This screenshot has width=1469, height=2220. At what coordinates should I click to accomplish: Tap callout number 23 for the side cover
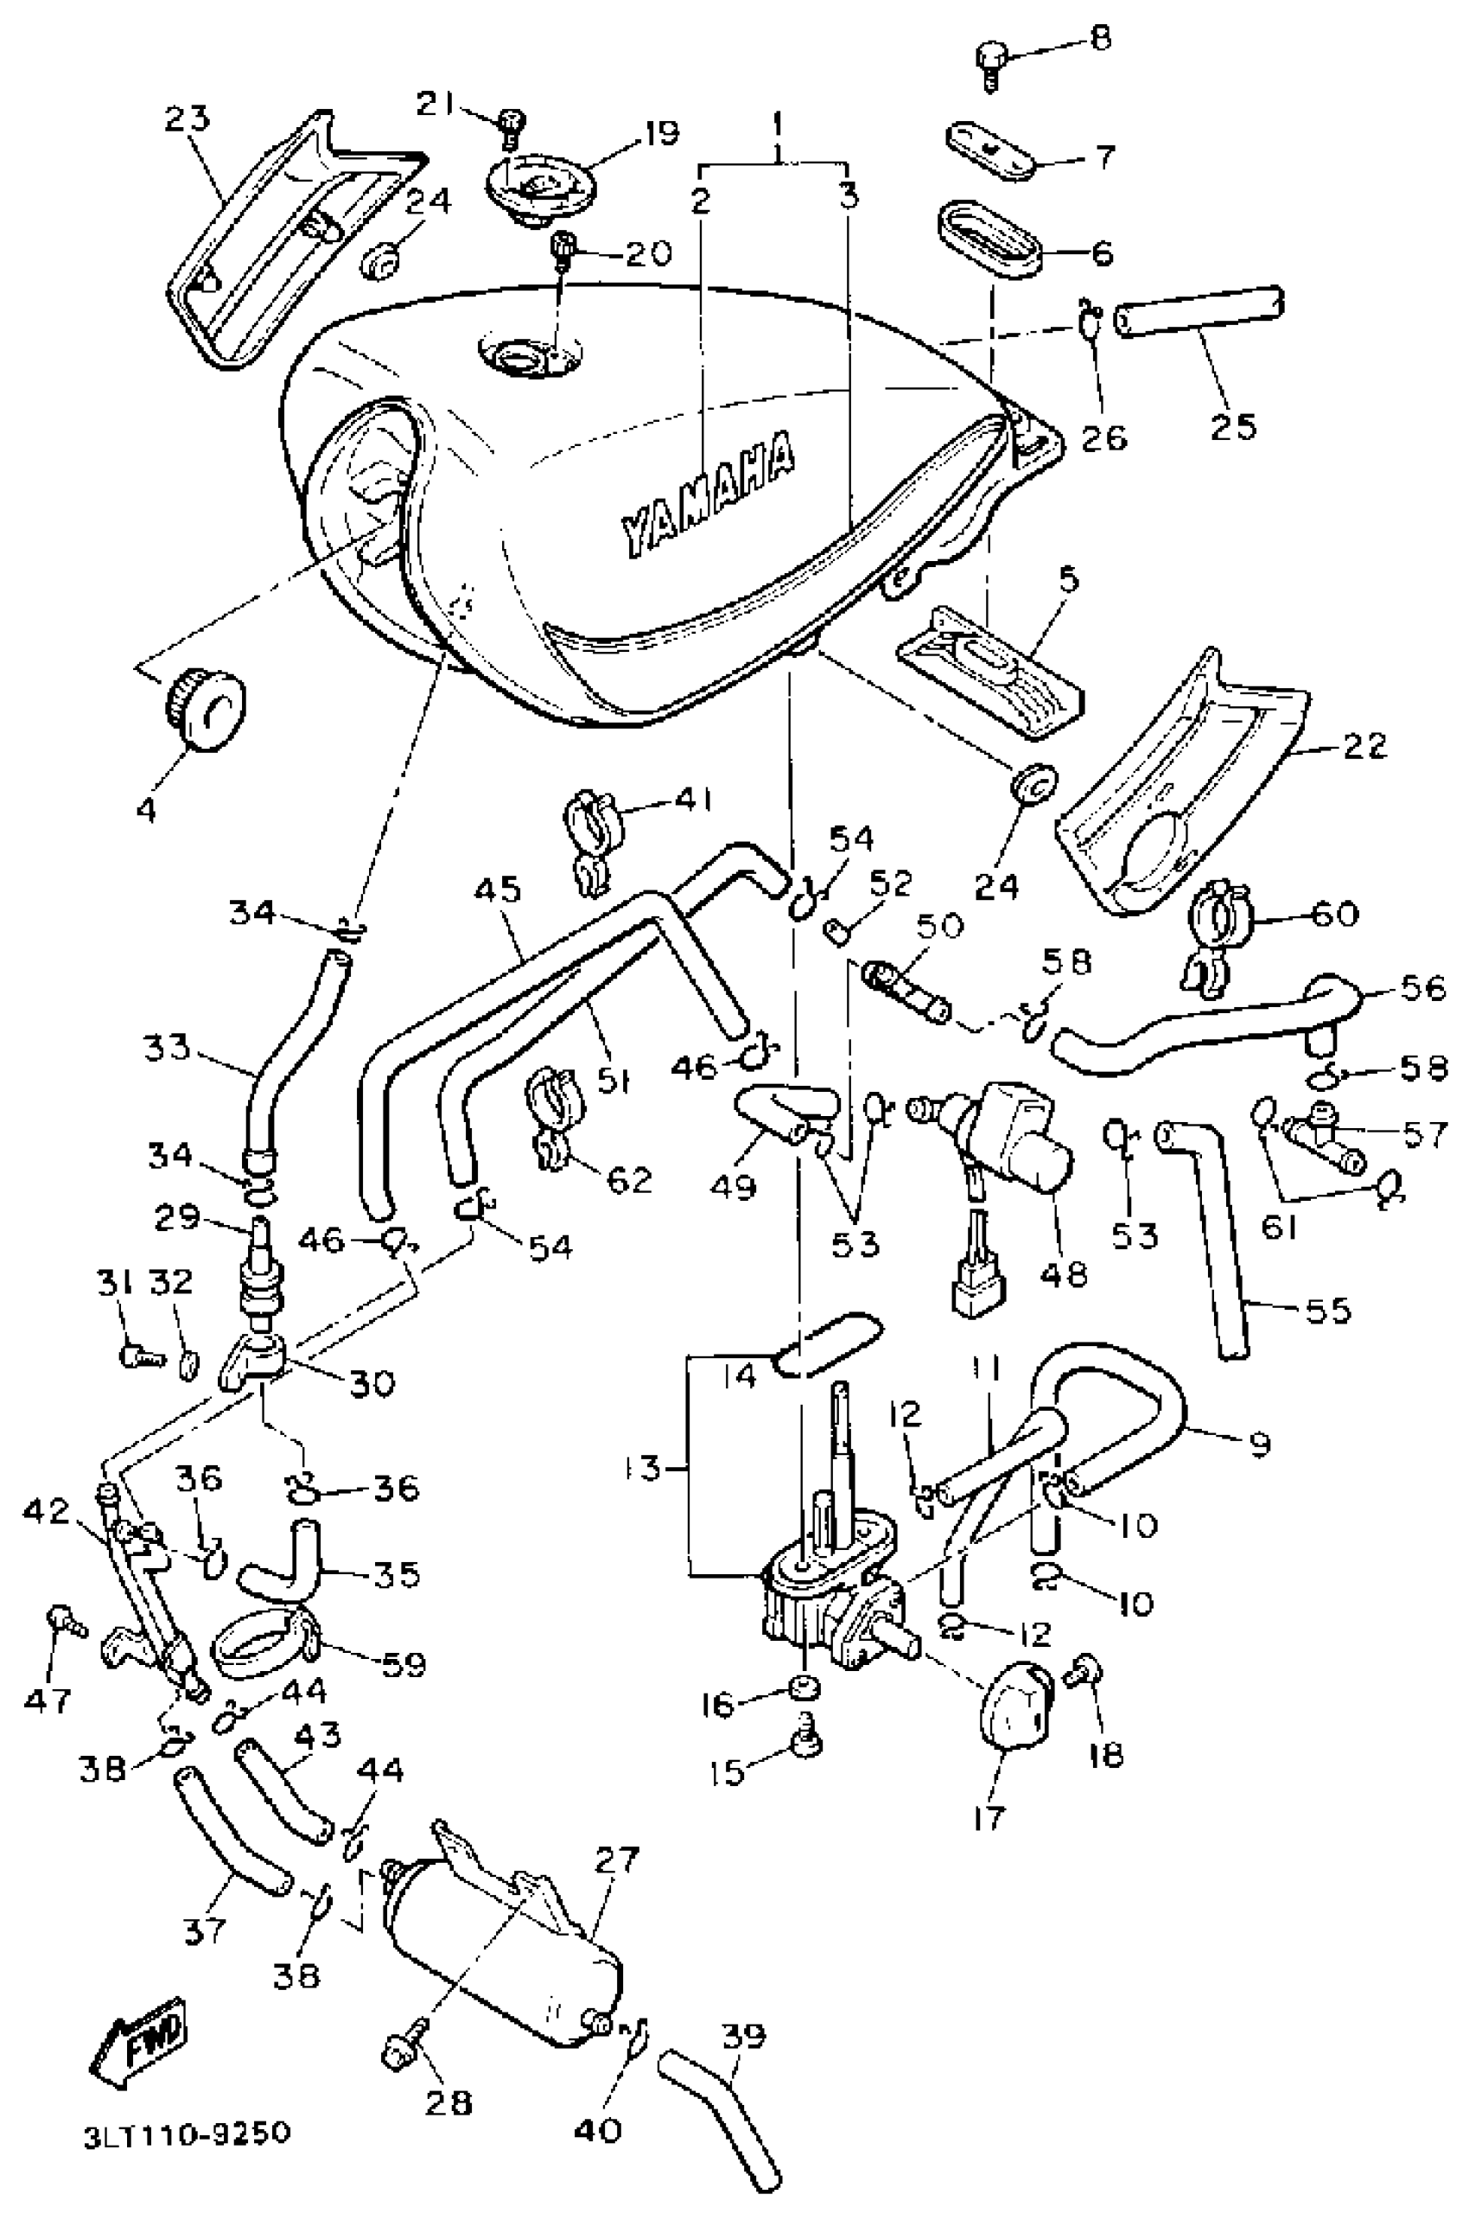tap(188, 119)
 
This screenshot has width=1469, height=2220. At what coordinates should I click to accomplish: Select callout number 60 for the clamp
tap(1334, 913)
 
